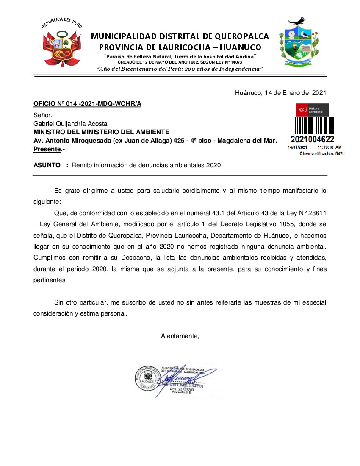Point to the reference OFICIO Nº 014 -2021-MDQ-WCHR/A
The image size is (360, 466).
pos(87,104)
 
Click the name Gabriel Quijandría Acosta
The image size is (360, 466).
pos(70,124)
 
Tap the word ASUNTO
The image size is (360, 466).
pos(47,165)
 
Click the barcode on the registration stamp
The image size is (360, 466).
pos(312,125)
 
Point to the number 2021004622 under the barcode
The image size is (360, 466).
pos(313,139)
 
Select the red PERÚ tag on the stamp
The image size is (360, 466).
pos(302,110)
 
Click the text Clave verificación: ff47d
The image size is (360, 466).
pos(322,153)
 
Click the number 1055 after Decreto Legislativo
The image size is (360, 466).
pos(278,223)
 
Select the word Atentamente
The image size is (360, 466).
pos(180,336)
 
